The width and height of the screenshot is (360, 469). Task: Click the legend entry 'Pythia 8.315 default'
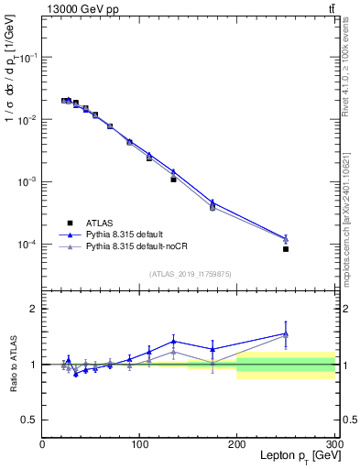(128, 234)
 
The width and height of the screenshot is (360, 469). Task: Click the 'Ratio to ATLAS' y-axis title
(13, 365)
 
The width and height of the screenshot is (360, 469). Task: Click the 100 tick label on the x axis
(139, 443)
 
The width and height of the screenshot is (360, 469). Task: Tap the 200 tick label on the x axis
(237, 443)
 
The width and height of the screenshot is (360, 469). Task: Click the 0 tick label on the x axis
(42, 443)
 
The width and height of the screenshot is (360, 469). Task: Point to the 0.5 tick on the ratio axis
(29, 420)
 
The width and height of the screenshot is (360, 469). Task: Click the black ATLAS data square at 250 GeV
(286, 249)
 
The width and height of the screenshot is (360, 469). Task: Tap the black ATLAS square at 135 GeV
(173, 180)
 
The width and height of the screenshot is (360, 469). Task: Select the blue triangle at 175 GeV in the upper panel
(213, 202)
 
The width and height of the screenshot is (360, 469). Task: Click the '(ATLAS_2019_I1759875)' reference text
(189, 273)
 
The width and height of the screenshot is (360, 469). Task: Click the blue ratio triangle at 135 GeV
(173, 341)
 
